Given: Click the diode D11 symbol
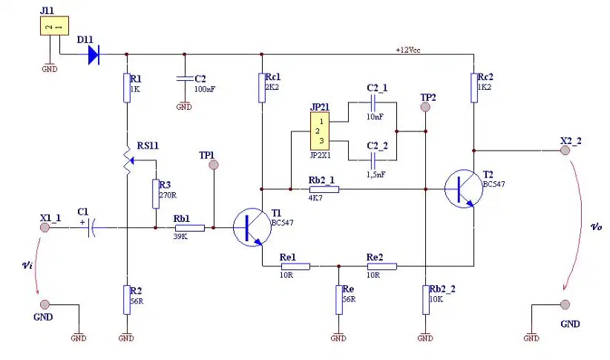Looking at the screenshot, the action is tap(94, 54).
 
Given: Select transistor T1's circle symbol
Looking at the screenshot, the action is tap(252, 227).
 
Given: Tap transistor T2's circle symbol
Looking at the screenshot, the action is tap(464, 189).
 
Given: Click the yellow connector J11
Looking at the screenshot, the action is tap(54, 26).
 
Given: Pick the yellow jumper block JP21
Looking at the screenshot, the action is tap(320, 131).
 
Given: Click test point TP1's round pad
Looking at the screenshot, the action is tap(214, 165).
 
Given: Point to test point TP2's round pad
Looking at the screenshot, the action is tap(426, 107).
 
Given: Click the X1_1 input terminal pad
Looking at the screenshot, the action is tap(45, 227).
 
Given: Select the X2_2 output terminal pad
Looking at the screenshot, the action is tap(565, 150).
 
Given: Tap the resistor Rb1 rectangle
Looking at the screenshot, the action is tap(190, 228).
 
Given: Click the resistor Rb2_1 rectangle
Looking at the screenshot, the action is tap(324, 189).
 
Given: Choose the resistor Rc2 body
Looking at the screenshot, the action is tap(474, 88).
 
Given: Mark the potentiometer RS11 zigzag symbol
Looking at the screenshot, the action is tap(127, 160).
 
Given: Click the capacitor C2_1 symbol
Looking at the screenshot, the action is tap(373, 102).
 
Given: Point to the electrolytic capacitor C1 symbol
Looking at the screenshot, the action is tap(91, 227).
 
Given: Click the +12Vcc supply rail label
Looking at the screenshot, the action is tap(408, 50).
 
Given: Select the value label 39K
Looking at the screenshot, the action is tap(180, 236).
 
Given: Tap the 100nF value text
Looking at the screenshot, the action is tap(205, 89).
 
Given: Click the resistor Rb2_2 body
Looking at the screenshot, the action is tap(426, 300).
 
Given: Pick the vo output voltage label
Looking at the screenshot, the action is tap(597, 227).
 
